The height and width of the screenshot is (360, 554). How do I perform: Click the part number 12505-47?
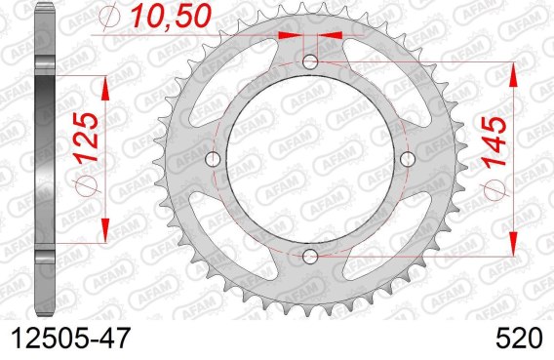click(x=71, y=339)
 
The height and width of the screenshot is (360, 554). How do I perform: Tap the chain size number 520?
click(x=519, y=339)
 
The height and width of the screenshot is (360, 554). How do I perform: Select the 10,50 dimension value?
click(x=171, y=16)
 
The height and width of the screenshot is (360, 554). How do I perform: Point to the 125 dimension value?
click(x=86, y=138)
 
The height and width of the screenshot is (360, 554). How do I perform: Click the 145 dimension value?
click(x=494, y=141)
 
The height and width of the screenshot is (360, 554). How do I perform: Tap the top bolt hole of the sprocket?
click(x=310, y=62)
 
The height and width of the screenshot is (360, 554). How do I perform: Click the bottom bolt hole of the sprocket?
click(x=310, y=257)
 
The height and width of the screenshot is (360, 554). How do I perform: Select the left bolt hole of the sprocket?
click(x=213, y=159)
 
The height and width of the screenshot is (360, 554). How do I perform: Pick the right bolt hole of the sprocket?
click(x=408, y=159)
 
